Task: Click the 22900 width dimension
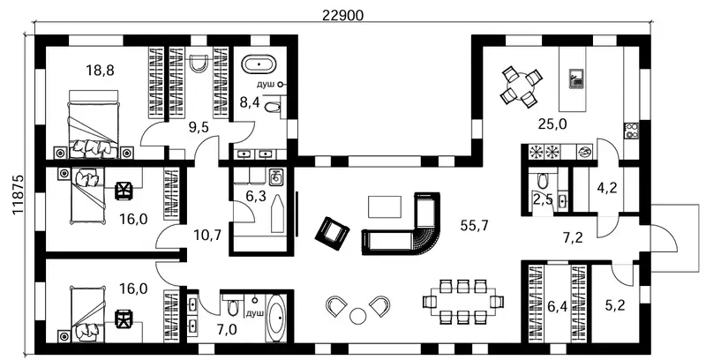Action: [x=342, y=15]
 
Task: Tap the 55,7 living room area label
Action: [x=474, y=226]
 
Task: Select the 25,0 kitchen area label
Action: [x=552, y=124]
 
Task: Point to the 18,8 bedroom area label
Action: [x=100, y=71]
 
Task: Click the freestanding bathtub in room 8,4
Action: [x=259, y=64]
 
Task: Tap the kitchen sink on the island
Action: [x=576, y=79]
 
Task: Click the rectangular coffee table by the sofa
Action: [x=385, y=207]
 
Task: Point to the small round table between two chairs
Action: [x=358, y=315]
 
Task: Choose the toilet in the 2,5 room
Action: [x=542, y=181]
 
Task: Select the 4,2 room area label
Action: [x=606, y=187]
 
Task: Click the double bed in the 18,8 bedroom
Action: [x=94, y=124]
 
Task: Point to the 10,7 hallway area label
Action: [x=207, y=235]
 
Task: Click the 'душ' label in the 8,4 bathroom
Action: [x=267, y=84]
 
